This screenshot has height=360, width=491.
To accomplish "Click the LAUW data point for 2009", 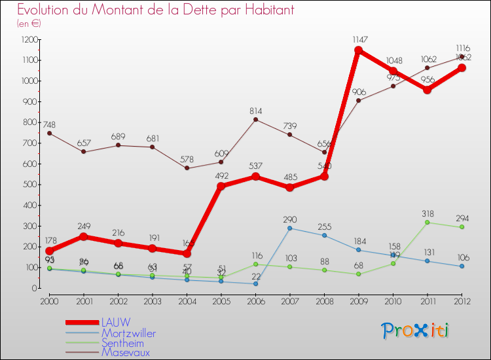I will (358, 50).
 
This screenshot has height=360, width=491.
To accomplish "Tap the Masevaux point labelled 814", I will (255, 119).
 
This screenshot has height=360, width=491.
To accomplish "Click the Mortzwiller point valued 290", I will (289, 228).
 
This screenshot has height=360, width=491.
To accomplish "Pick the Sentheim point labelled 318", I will (427, 223).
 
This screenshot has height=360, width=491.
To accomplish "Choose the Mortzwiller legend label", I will (128, 333).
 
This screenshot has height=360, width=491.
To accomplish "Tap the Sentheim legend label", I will (123, 342).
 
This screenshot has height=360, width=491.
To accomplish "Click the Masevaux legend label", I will (124, 352).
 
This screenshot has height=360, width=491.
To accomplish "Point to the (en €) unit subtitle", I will (29, 24).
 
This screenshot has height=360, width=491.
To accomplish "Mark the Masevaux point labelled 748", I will (49, 133).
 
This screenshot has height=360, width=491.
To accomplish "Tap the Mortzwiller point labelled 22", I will (255, 283).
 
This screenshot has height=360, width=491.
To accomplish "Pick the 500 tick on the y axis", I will (29, 185).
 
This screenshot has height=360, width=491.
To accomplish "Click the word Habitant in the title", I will (262, 10).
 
